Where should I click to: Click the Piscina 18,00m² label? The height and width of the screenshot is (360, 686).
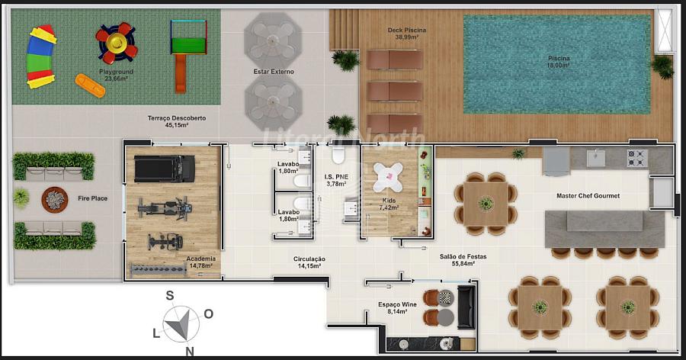559,62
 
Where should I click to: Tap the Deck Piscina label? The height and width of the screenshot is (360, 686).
406,31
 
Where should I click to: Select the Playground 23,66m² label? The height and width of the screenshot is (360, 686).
116,75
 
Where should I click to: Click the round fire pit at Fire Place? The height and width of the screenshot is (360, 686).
55,200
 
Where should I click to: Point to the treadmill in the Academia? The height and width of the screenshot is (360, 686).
165,169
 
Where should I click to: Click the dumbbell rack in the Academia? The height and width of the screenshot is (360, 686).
159,270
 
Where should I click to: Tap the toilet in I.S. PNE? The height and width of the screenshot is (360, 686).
338,155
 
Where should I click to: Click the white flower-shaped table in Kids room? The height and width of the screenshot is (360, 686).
388,178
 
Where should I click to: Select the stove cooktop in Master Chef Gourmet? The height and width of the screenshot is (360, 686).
637,158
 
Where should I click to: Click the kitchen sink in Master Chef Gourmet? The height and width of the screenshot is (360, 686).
596,158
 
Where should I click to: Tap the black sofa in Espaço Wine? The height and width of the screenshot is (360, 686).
466,307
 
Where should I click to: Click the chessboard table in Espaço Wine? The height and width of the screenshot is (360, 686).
446,297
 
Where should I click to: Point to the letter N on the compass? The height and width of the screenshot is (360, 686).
190,351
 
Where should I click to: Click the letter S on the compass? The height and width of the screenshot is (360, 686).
170,296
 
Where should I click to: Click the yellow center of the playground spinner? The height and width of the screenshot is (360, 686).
117,43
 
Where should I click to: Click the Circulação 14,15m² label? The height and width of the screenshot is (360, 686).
309,262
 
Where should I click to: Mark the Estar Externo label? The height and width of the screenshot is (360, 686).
274,72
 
